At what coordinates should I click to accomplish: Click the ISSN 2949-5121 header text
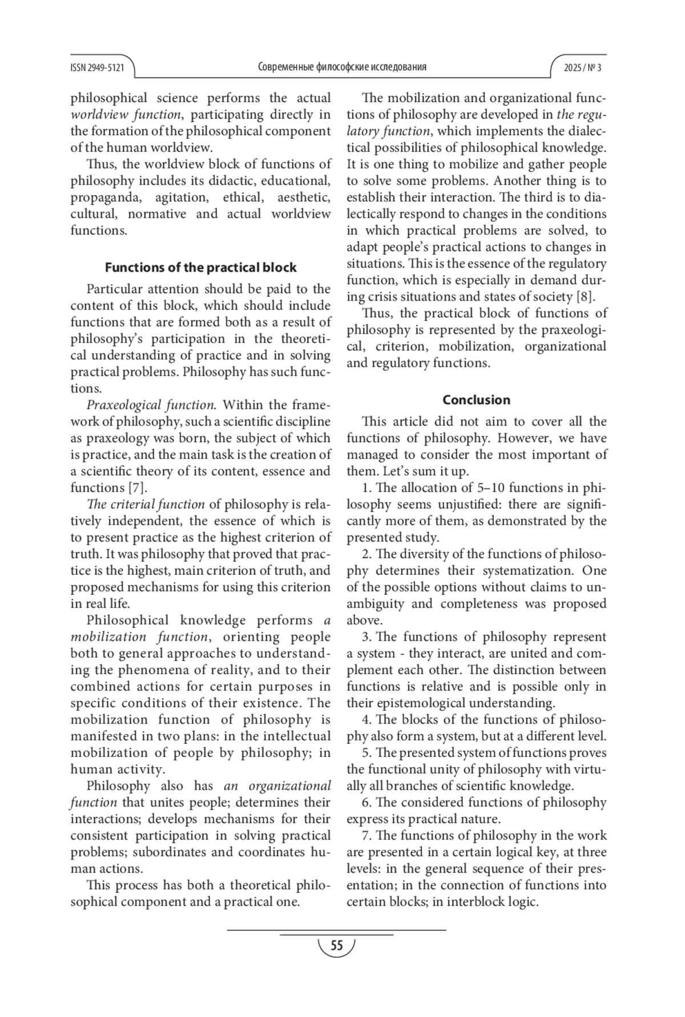tap(97, 67)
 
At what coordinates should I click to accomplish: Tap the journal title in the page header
tap(342, 67)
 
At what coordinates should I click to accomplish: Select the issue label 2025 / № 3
tap(582, 67)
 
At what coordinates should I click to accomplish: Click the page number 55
tap(337, 946)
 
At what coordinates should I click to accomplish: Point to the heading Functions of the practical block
tap(200, 268)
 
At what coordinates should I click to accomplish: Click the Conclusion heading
tap(476, 400)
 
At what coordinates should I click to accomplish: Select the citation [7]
tap(136, 488)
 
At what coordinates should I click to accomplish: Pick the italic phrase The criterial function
tap(145, 504)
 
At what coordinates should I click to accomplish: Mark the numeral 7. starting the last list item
tap(366, 836)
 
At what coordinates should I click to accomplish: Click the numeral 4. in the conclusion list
tap(366, 720)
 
